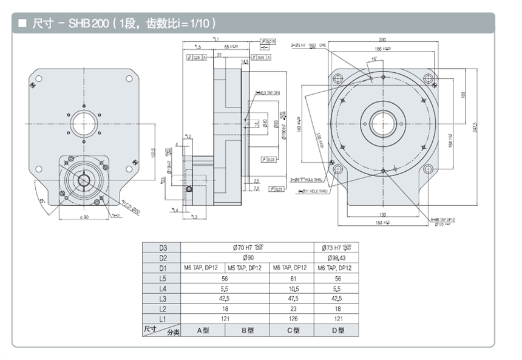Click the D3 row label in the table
(162, 247)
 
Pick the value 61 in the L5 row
(291, 278)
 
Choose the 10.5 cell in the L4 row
(291, 288)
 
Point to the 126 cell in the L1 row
(291, 319)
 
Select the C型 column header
(291, 330)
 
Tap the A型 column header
(203, 330)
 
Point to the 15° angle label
(375, 59)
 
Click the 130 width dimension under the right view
(383, 215)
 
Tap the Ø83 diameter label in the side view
(276, 124)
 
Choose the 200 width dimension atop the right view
(383, 38)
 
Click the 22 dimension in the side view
(219, 53)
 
